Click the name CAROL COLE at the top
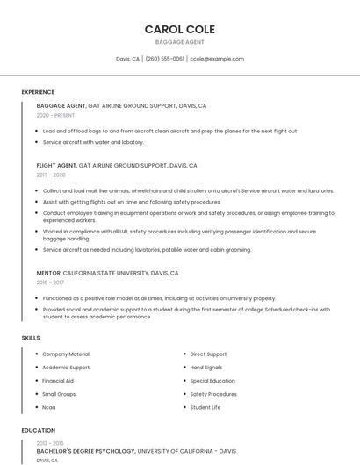coord(179,29)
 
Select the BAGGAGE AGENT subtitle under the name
coord(179,42)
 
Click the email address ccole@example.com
coord(217,59)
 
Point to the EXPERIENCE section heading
coord(38,92)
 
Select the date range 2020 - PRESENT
coord(55,115)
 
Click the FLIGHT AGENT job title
coord(56,165)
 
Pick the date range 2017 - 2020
coord(51,175)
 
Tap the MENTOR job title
coord(48,273)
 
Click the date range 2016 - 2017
coord(50,283)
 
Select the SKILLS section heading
coord(31,338)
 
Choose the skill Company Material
coord(66,354)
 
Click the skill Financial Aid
coord(58,381)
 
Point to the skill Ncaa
coord(49,407)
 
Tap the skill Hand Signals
coord(206,368)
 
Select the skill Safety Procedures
coord(213,394)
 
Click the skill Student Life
coord(205,407)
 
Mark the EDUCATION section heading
coord(38,431)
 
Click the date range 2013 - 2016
coord(51,444)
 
